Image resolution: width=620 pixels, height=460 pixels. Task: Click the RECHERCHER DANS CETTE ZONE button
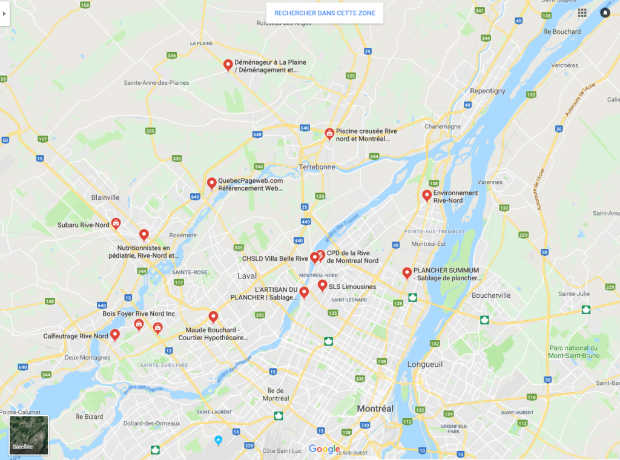pos(325,13)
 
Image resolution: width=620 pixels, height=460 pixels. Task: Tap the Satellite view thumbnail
pos(28,435)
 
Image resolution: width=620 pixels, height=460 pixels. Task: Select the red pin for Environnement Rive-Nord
pos(427,195)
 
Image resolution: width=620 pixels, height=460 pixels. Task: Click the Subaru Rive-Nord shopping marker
pos(116,223)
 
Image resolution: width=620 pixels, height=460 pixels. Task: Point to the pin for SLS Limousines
pos(322,285)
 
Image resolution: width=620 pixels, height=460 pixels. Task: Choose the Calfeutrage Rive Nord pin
pos(114,335)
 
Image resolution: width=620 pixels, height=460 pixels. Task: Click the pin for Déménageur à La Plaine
pos(228,65)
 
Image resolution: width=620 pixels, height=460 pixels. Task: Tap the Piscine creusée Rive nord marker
pos(329,133)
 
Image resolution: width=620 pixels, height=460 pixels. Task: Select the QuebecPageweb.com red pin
pos(212,183)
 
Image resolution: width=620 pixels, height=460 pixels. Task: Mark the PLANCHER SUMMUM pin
pos(407,273)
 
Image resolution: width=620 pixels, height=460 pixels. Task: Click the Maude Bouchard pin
pos(213,317)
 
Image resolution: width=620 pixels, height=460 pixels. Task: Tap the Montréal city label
pos(375,409)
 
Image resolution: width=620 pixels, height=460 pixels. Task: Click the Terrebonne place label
pos(317,166)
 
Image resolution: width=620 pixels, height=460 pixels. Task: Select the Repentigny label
pos(487,91)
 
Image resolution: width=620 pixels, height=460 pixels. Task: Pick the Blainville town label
pos(105,197)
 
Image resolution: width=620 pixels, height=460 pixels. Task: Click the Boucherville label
pos(490,295)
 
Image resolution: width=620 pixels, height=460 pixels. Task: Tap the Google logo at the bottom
pos(325,448)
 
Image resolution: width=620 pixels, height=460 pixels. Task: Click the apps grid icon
pos(582,13)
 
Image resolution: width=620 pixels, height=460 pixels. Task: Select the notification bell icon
pos(605,13)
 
